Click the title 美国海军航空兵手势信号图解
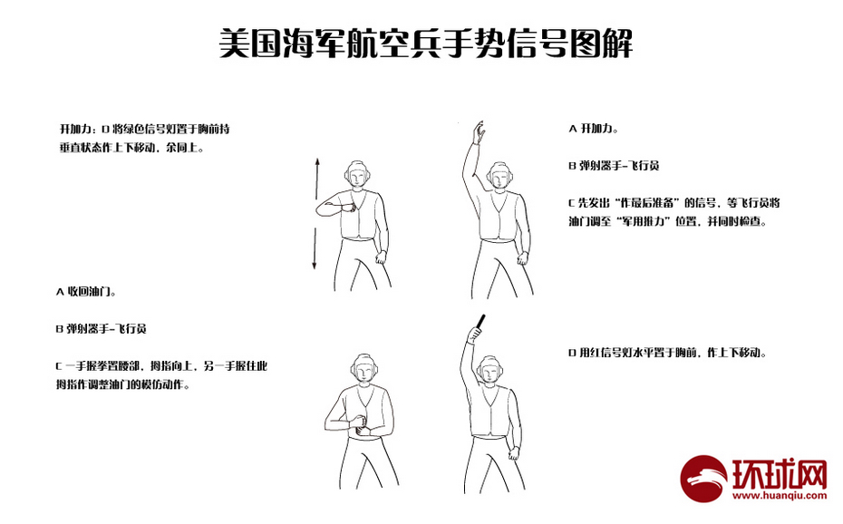pos(426,43)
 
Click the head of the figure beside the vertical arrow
pos(360,176)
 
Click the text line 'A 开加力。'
pos(593,129)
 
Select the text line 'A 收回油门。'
pos(85,292)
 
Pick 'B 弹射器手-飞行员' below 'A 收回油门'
pos(101,328)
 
